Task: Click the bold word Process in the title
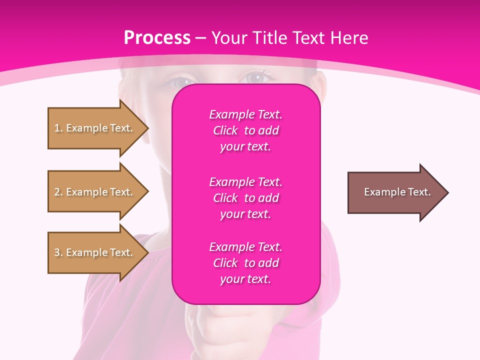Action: tap(157, 38)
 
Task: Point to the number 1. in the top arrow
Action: tap(58, 128)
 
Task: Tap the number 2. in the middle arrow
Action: tap(58, 192)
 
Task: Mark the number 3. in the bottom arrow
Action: tap(58, 252)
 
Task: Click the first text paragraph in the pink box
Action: tap(245, 130)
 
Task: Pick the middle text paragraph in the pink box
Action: tap(245, 197)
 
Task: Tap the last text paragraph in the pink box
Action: tap(245, 263)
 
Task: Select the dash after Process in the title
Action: tap(201, 38)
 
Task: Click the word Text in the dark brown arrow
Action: tap(419, 192)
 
